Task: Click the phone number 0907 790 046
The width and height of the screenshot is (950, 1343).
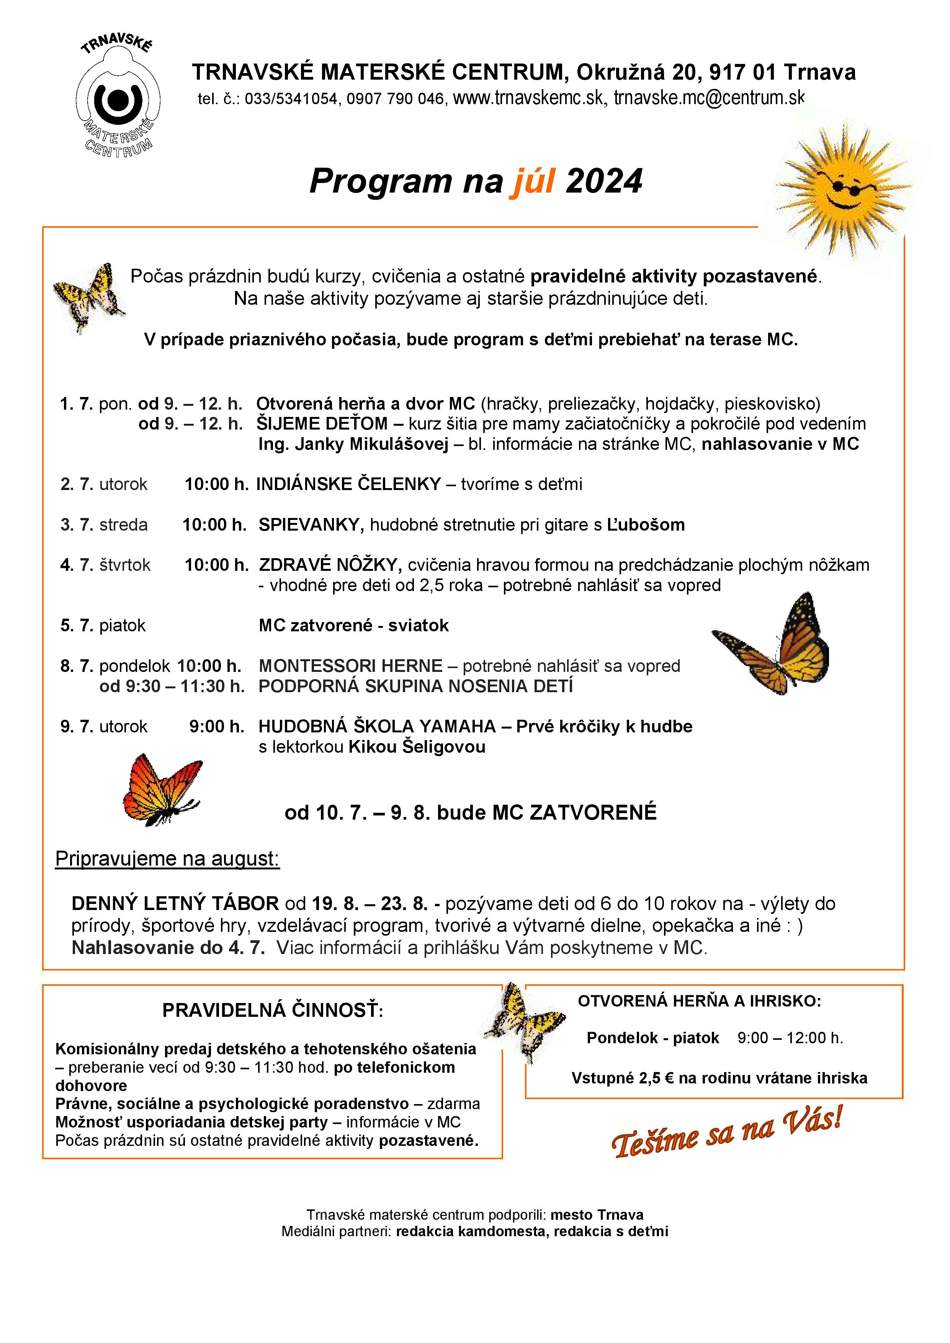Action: click(396, 99)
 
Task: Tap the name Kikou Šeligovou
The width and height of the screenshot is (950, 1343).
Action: click(417, 747)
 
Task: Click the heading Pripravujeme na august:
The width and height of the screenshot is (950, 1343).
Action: click(167, 859)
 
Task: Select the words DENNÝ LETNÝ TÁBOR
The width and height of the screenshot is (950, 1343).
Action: click(175, 904)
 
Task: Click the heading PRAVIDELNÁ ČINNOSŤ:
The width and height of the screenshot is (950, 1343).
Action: click(273, 1011)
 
